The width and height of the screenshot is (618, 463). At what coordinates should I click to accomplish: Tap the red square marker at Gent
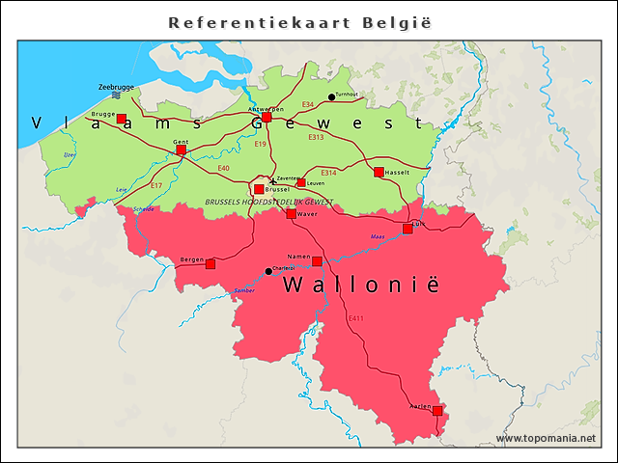click(181, 150)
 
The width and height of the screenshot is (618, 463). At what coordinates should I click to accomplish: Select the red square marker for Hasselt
click(379, 172)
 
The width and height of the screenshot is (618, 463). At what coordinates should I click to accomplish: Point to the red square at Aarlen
click(437, 410)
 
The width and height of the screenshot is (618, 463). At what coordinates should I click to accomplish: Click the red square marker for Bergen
click(211, 263)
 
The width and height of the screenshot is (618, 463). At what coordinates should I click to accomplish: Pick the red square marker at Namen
click(317, 260)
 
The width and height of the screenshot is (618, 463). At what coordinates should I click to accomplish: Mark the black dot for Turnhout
click(332, 96)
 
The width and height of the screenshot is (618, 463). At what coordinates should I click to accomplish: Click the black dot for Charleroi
click(268, 271)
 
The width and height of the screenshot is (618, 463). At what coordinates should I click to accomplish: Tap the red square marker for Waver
click(292, 213)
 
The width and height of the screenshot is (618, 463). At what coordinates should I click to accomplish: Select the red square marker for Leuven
click(301, 182)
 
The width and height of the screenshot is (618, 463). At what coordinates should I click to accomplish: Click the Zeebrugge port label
click(116, 87)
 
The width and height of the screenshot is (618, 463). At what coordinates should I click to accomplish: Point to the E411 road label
click(355, 317)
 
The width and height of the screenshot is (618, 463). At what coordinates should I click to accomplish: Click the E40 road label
click(223, 168)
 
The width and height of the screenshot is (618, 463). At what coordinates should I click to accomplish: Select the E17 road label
click(156, 184)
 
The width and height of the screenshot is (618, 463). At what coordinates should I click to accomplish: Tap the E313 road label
click(316, 137)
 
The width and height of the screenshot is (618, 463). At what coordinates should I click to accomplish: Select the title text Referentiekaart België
click(299, 21)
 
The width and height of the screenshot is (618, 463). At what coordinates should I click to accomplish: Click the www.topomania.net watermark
click(546, 439)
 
